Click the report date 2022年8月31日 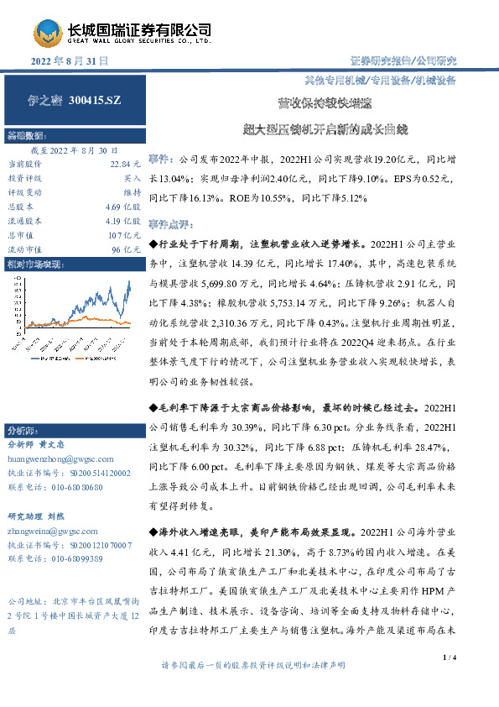tap(70, 61)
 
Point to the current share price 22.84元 tap(123, 165)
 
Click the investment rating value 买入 tap(133, 178)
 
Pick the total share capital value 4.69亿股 tap(123, 207)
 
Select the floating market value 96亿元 tap(126, 249)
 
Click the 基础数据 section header tap(25, 134)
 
